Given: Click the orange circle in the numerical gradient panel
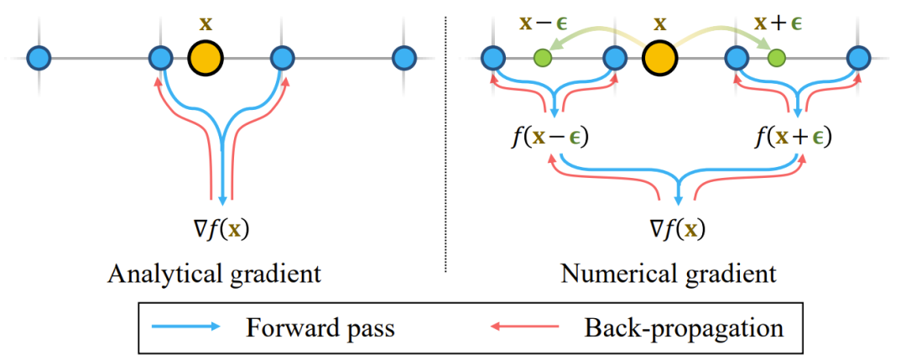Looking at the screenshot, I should pyautogui.click(x=659, y=59).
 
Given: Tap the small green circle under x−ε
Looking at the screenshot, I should pyautogui.click(x=543, y=58).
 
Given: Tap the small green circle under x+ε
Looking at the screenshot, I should pyautogui.click(x=776, y=58).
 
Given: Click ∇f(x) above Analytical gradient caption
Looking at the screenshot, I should pyautogui.click(x=222, y=227).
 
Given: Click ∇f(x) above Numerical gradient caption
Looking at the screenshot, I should pyautogui.click(x=677, y=227).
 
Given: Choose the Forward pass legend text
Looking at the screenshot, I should pyautogui.click(x=320, y=326).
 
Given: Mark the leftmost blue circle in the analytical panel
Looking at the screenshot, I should pyautogui.click(x=39, y=58).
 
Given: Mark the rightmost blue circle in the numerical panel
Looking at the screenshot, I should pyautogui.click(x=858, y=58).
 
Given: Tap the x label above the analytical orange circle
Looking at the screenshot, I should pyautogui.click(x=205, y=23).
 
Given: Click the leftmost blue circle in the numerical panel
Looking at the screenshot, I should pyautogui.click(x=493, y=58).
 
